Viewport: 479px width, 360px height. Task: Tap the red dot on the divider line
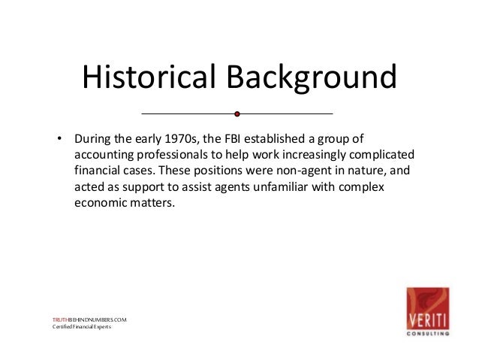(237, 114)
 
